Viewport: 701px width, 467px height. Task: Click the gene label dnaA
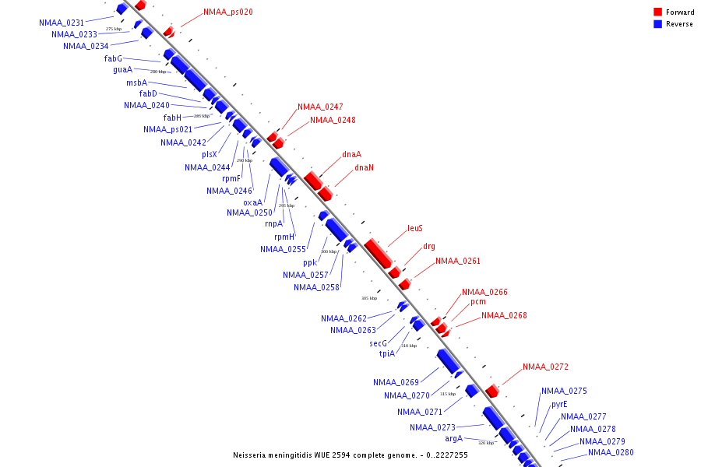[x=351, y=154]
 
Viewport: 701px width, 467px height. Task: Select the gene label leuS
[x=415, y=229]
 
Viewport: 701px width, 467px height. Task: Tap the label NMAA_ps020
[x=227, y=12]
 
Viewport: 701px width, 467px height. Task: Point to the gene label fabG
[x=113, y=58]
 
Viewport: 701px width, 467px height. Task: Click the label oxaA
[x=253, y=202]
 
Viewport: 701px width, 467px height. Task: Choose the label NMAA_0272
[x=545, y=367]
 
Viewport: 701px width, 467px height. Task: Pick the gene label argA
[x=454, y=438]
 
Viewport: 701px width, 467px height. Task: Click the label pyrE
[x=559, y=404]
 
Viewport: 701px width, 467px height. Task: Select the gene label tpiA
[x=387, y=353]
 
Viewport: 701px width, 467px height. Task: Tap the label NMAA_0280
[x=611, y=452]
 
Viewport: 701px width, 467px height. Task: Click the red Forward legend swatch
[x=657, y=12]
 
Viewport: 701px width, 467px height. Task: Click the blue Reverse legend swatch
[x=657, y=24]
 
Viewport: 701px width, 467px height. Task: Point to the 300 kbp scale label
[x=329, y=251]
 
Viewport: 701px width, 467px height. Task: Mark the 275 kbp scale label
[x=114, y=29]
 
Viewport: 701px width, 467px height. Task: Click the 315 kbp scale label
[x=448, y=394]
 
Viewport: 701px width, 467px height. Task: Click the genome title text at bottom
[x=350, y=455]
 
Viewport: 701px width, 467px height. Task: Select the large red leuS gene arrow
[x=378, y=253]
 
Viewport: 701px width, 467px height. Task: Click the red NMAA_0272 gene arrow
[x=491, y=390]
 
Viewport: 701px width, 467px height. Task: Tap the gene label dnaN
[x=364, y=167]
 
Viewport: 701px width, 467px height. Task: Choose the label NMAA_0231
[x=62, y=23]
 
